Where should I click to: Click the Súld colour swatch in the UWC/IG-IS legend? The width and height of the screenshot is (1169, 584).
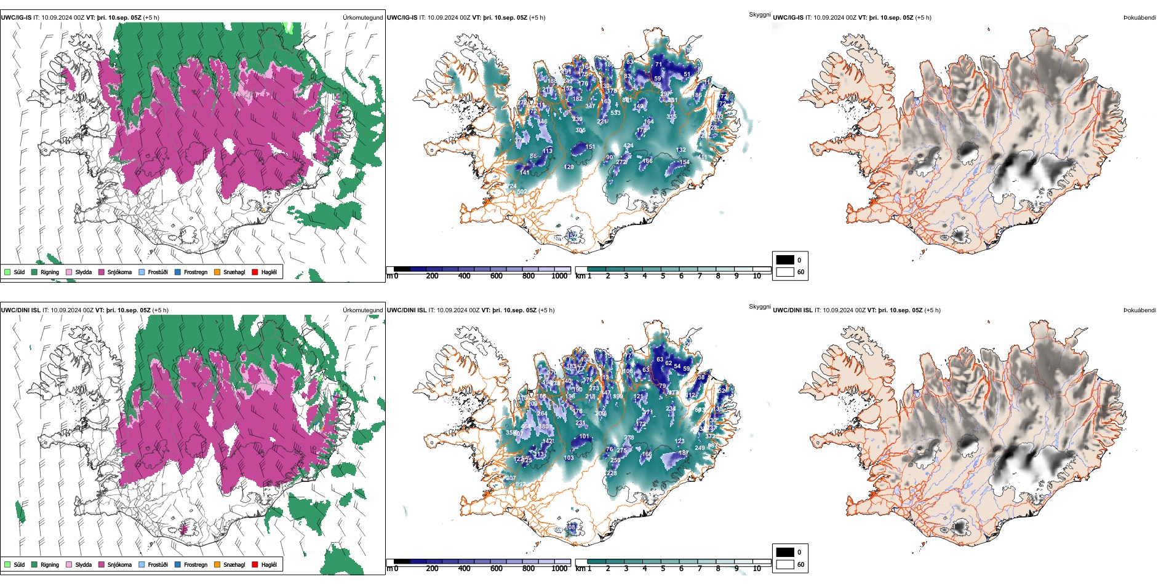(7, 272)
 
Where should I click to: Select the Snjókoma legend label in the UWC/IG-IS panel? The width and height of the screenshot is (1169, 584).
(119, 272)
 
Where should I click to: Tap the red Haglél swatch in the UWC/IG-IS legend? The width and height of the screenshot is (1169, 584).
(255, 272)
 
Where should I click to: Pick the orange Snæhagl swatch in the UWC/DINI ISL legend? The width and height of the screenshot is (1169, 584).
(217, 564)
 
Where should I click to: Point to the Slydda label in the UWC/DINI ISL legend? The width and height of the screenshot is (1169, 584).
(83, 564)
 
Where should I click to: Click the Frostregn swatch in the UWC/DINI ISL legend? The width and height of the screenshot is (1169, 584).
(178, 564)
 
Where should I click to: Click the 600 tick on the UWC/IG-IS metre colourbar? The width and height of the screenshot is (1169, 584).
(496, 276)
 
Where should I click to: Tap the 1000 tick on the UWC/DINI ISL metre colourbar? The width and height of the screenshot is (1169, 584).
(559, 569)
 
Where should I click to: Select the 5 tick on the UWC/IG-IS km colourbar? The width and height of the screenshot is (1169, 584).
(663, 276)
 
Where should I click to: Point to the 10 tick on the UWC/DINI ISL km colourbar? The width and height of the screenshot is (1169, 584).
(757, 569)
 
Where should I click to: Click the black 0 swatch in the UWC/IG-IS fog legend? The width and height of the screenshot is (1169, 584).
(785, 259)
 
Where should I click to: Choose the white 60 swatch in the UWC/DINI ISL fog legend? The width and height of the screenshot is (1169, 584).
(785, 564)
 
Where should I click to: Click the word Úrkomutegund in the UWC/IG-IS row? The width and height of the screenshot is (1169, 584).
(362, 17)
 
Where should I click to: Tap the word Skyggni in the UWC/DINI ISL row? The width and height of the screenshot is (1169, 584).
(759, 306)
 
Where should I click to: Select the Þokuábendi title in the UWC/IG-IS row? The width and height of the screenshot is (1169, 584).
(1139, 17)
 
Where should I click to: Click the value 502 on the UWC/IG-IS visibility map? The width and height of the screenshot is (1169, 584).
(522, 192)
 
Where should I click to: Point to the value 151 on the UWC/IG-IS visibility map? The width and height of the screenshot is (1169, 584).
(589, 147)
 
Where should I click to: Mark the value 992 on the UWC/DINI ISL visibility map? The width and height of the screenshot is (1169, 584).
(521, 484)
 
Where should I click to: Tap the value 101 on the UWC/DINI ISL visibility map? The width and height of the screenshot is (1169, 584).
(584, 436)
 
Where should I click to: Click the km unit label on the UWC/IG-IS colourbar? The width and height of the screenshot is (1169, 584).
(580, 276)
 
